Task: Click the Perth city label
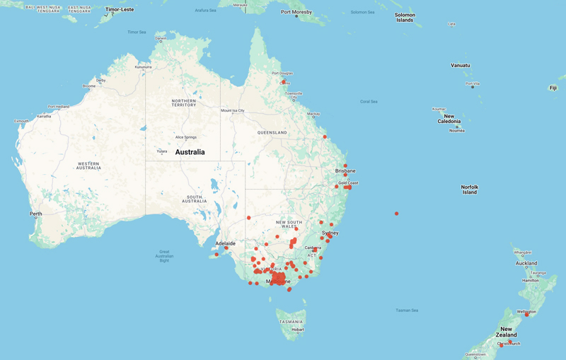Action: coord(35,214)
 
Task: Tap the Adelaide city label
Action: coord(225,243)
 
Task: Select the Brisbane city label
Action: coord(346,171)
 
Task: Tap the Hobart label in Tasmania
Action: coord(298,329)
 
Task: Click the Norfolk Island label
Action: coord(470,190)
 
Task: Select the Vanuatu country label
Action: coord(461,65)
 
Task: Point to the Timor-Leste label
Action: coord(119,10)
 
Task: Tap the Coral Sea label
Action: coord(369,101)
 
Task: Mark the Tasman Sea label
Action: coord(407,310)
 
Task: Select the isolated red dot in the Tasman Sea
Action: coord(397,214)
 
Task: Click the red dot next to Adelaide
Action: coord(226,248)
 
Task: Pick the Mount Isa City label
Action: coord(233,110)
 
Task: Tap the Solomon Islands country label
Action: coord(405,17)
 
